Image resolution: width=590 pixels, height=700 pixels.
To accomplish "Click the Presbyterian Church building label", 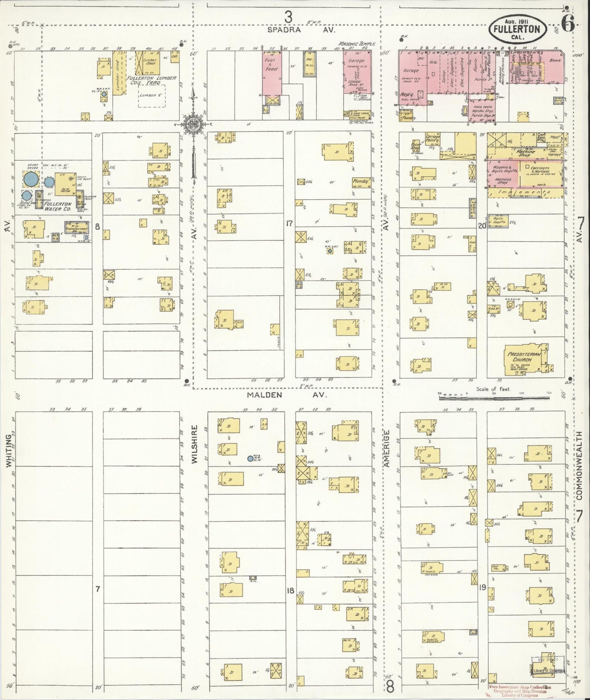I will click(x=524, y=357).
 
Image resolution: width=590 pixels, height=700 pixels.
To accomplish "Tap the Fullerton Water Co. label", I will click(x=58, y=206).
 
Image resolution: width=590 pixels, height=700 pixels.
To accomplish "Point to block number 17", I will click(x=289, y=223).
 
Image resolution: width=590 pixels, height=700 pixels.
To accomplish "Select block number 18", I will click(x=290, y=590).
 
